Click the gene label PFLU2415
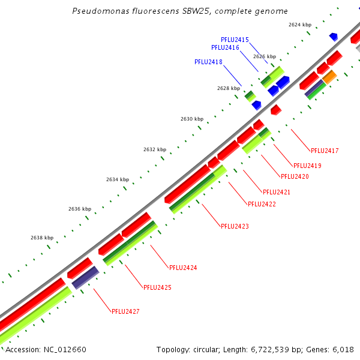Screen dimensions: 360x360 click(x=235, y=40)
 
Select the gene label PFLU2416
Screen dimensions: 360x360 click(x=225, y=47)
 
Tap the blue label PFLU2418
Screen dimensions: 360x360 click(x=208, y=62)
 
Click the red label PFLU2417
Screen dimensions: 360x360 click(x=325, y=151)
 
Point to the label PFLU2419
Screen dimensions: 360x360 click(x=307, y=166)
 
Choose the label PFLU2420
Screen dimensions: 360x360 click(x=295, y=176)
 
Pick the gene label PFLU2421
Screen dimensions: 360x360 click(x=277, y=192)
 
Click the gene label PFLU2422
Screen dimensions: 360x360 click(x=262, y=204)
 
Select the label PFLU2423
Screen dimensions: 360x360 click(x=235, y=226)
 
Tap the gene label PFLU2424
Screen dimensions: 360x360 click(x=183, y=268)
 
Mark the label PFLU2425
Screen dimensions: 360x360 click(x=157, y=287)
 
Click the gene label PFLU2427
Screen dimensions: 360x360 click(x=125, y=311)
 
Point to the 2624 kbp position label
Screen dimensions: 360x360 click(x=300, y=25)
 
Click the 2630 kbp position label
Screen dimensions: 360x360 click(x=192, y=119)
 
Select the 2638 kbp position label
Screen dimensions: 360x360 click(x=42, y=238)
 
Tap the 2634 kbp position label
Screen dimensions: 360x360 click(x=118, y=179)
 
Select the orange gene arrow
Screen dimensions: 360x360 click(x=329, y=77)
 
